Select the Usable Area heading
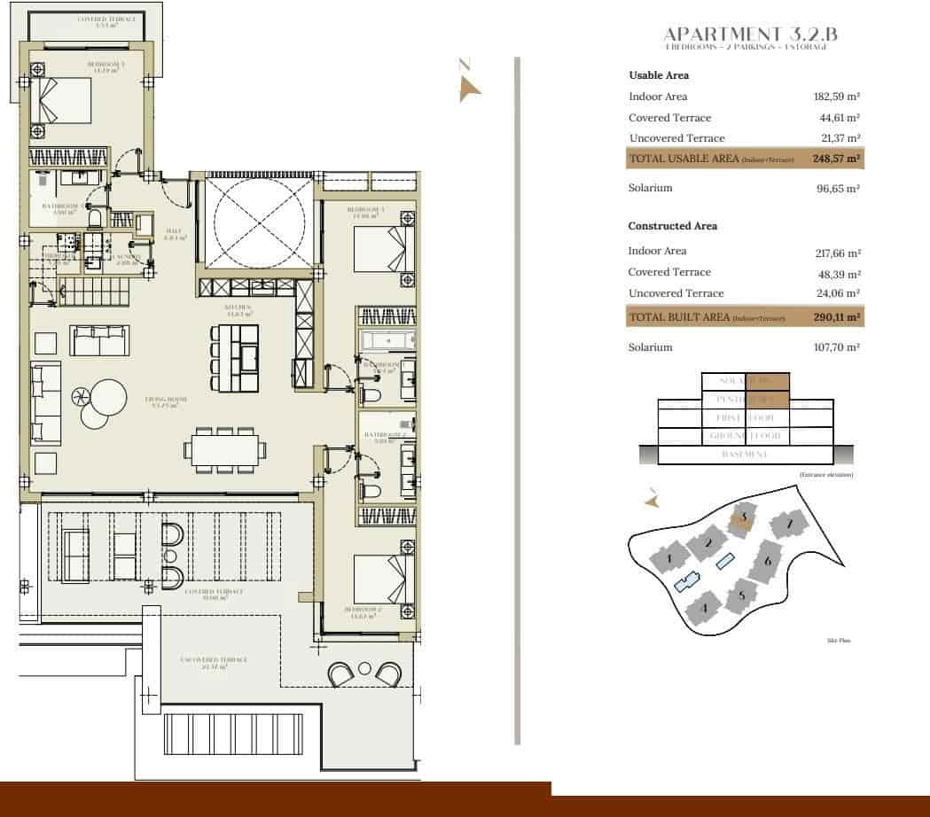tap(659, 75)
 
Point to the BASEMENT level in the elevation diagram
tap(744, 455)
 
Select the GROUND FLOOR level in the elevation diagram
tap(744, 436)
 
